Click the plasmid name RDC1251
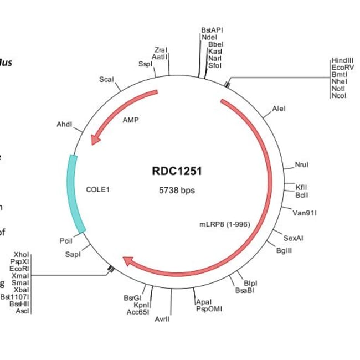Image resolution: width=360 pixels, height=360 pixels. [177, 171]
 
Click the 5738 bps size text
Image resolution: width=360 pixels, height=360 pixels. [177, 190]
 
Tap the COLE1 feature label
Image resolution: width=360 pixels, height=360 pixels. [99, 189]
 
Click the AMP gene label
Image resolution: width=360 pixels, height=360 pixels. [131, 120]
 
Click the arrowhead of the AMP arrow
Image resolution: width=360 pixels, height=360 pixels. [96, 139]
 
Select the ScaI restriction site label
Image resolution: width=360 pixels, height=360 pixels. [106, 80]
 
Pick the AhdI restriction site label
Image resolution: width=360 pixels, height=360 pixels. [64, 125]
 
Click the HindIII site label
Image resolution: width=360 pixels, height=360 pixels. [342, 60]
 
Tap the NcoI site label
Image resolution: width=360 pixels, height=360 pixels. [338, 96]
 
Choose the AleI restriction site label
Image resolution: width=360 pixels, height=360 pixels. [279, 109]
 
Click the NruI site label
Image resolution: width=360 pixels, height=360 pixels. [301, 164]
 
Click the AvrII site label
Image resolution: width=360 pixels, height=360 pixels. [162, 320]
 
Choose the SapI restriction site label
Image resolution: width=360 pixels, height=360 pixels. [73, 254]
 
